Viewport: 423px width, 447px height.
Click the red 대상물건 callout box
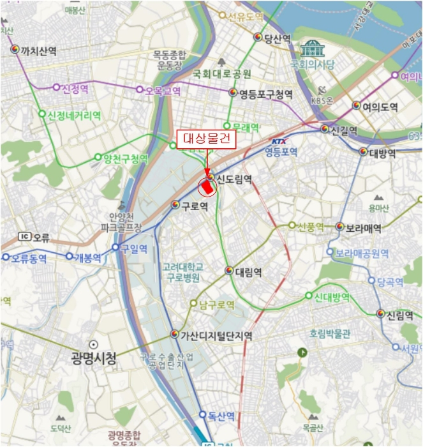pos(205,137)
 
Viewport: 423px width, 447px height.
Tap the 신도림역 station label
pos(234,179)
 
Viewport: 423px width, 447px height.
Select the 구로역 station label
pos(195,206)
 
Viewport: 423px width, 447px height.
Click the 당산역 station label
pos(278,38)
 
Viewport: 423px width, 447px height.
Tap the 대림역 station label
pos(249,272)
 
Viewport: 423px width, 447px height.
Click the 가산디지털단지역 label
pos(216,335)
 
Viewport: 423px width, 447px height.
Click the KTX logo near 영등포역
pos(279,141)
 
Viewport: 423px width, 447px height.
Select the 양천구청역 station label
pos(125,158)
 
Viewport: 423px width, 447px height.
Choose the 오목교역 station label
pos(163,91)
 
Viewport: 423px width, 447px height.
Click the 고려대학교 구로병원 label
pos(183,272)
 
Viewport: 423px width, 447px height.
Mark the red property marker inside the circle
pos(208,187)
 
